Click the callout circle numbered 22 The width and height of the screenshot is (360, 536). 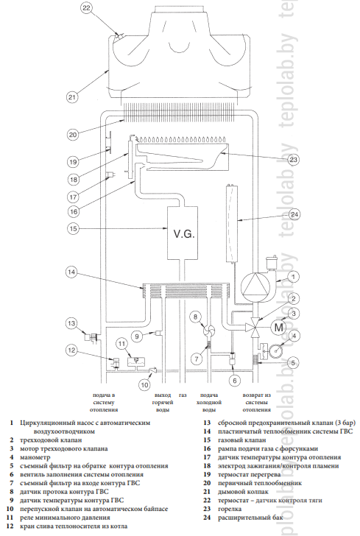click(86, 8)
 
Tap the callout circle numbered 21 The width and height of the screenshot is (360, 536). click(72, 97)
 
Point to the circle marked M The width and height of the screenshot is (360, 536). click(278, 328)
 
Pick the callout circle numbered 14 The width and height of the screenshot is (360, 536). click(71, 272)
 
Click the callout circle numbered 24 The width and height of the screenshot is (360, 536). click(294, 214)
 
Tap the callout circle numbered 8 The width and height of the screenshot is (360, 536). click(195, 317)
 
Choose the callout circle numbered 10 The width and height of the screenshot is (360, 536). click(145, 385)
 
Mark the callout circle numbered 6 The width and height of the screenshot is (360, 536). click(235, 381)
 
